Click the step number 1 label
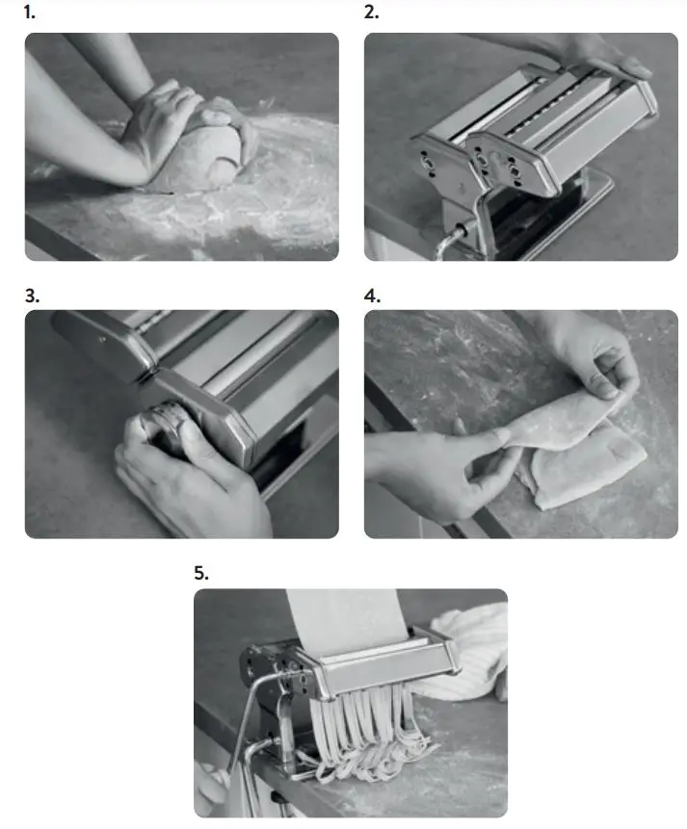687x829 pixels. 30,13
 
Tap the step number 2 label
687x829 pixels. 371,13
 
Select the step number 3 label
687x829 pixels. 31,296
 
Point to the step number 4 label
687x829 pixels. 371,296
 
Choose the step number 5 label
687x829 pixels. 200,573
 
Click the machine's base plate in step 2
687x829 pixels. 588,193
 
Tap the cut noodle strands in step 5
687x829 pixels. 366,732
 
